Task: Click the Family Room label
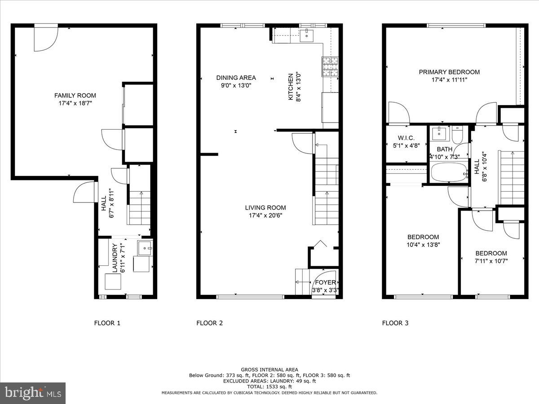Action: tap(75, 96)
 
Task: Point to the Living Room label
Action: tap(265, 208)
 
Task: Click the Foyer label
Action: tap(325, 282)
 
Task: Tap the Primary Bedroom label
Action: tap(449, 72)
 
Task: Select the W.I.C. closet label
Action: tap(406, 138)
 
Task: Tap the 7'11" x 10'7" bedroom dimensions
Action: tap(491, 261)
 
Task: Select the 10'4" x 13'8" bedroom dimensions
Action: tap(423, 245)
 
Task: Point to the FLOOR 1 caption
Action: tap(107, 323)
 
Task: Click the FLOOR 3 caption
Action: tap(395, 323)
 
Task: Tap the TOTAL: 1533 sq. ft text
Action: tap(269, 386)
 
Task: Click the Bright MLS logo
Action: tap(33, 393)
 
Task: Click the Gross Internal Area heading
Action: tap(269, 370)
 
